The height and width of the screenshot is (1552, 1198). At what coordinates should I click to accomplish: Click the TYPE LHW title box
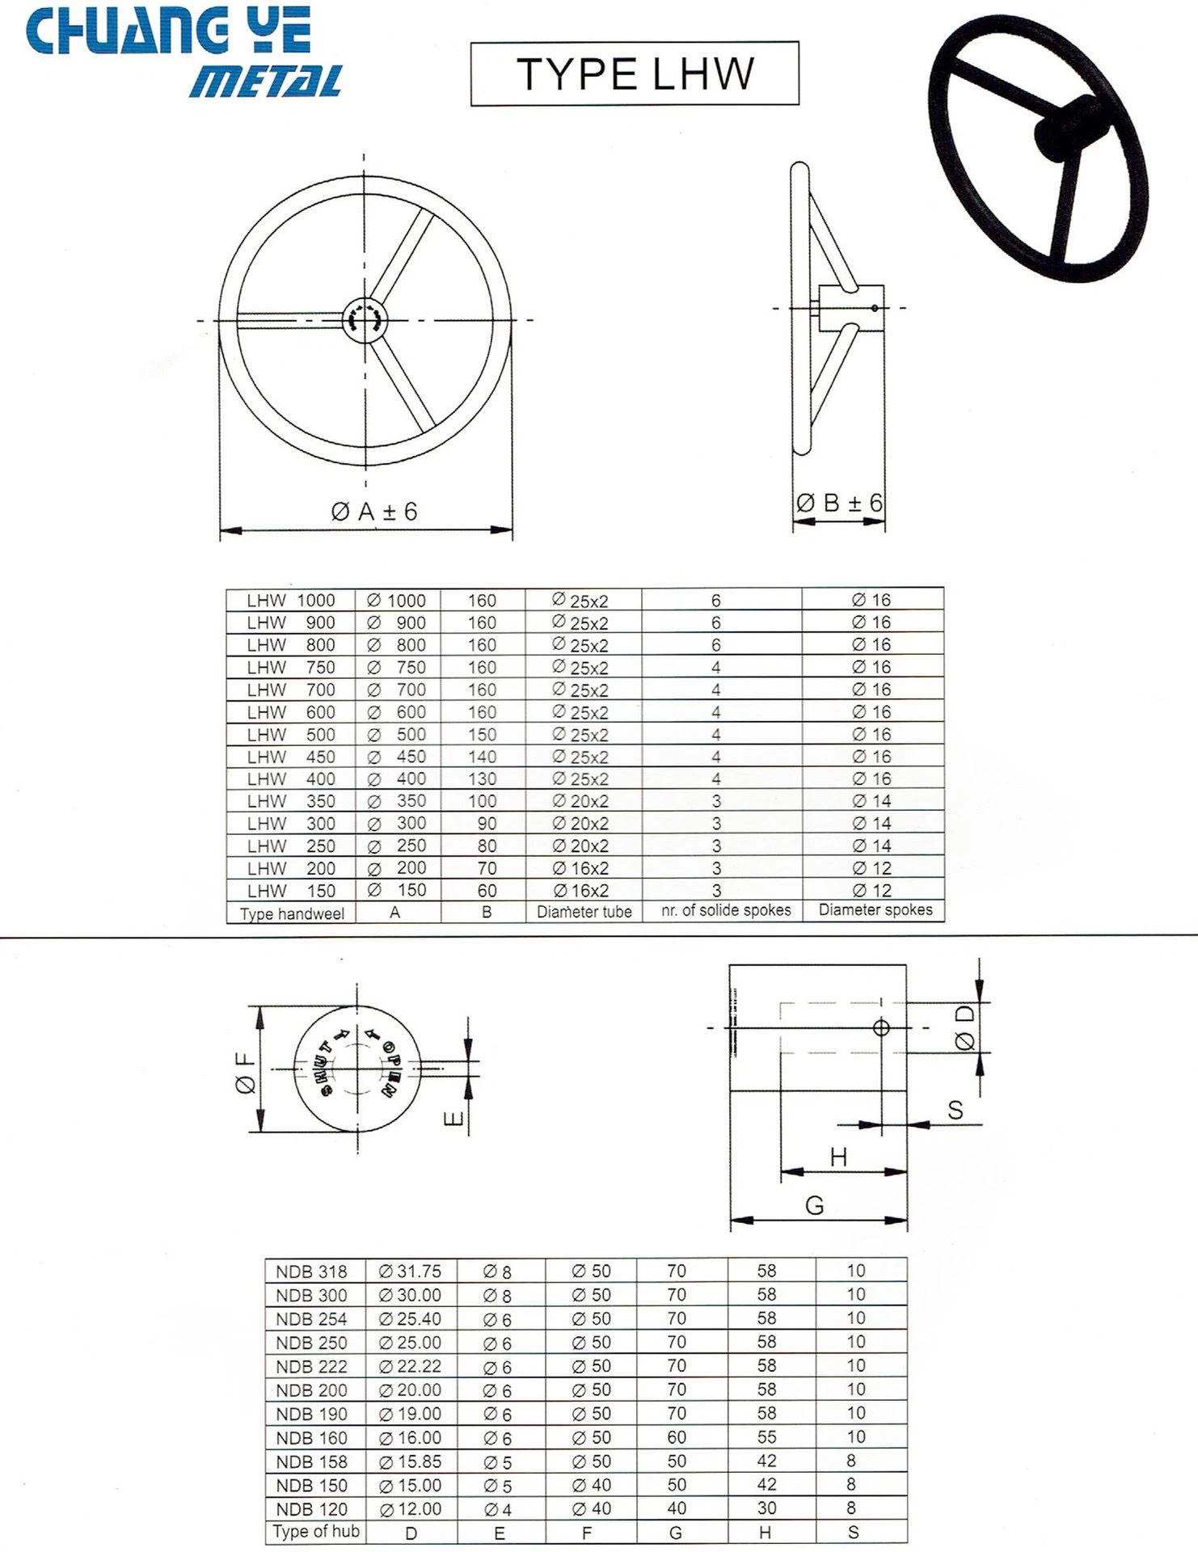[x=635, y=74]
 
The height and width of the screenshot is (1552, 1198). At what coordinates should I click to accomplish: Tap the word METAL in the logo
[x=266, y=82]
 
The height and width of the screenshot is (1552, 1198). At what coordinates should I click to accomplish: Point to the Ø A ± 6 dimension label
[x=374, y=512]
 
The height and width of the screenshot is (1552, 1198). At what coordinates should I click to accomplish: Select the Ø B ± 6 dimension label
[x=839, y=503]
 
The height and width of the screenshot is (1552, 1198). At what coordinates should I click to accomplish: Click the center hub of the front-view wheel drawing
[x=365, y=319]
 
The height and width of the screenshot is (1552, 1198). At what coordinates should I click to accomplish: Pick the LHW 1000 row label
[x=290, y=601]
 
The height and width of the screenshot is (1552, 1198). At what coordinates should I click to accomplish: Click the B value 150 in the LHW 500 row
[x=482, y=735]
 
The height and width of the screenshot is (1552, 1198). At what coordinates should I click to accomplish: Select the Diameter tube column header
[x=584, y=912]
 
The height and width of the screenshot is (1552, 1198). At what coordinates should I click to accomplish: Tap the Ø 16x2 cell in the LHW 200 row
[x=580, y=868]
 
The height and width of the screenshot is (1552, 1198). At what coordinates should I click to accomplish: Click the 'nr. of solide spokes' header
[x=725, y=910]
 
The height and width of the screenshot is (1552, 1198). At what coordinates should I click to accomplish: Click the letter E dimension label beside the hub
[x=454, y=1118]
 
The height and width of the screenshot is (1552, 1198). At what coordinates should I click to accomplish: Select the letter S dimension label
[x=955, y=1110]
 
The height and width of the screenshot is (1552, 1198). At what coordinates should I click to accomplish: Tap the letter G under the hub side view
[x=814, y=1205]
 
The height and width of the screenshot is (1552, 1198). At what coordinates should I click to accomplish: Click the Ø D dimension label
[x=965, y=1028]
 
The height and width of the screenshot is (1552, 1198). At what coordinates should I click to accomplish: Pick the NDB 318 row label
[x=311, y=1272]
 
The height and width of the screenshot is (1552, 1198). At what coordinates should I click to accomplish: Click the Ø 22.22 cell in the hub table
[x=410, y=1366]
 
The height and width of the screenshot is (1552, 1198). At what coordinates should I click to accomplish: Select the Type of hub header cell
[x=315, y=1532]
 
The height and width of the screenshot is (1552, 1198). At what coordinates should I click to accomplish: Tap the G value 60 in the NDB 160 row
[x=677, y=1437]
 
